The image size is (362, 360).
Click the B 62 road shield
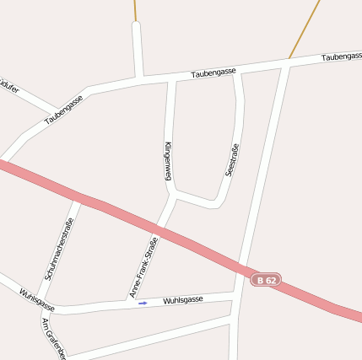(x=265, y=280)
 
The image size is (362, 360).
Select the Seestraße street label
(x=231, y=159)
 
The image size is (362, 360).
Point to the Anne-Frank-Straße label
(x=143, y=267)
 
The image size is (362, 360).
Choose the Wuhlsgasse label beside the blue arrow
(x=182, y=300)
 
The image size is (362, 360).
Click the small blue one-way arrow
(x=143, y=303)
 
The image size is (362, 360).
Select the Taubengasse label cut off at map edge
(x=342, y=56)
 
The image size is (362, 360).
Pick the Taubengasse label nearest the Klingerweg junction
(x=213, y=73)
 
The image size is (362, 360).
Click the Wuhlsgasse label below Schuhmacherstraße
(x=36, y=299)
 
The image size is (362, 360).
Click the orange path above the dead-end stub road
(x=135, y=10)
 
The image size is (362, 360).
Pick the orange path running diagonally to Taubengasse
(x=305, y=30)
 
